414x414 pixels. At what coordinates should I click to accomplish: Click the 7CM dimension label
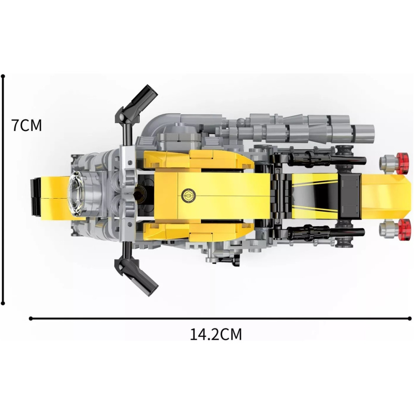click(x=27, y=125)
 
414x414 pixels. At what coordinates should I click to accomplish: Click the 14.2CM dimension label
click(x=216, y=334)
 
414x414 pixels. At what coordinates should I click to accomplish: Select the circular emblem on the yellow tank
click(x=189, y=196)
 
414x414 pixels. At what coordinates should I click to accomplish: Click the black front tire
click(x=36, y=197)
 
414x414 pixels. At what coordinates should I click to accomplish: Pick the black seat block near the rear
click(x=349, y=197)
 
